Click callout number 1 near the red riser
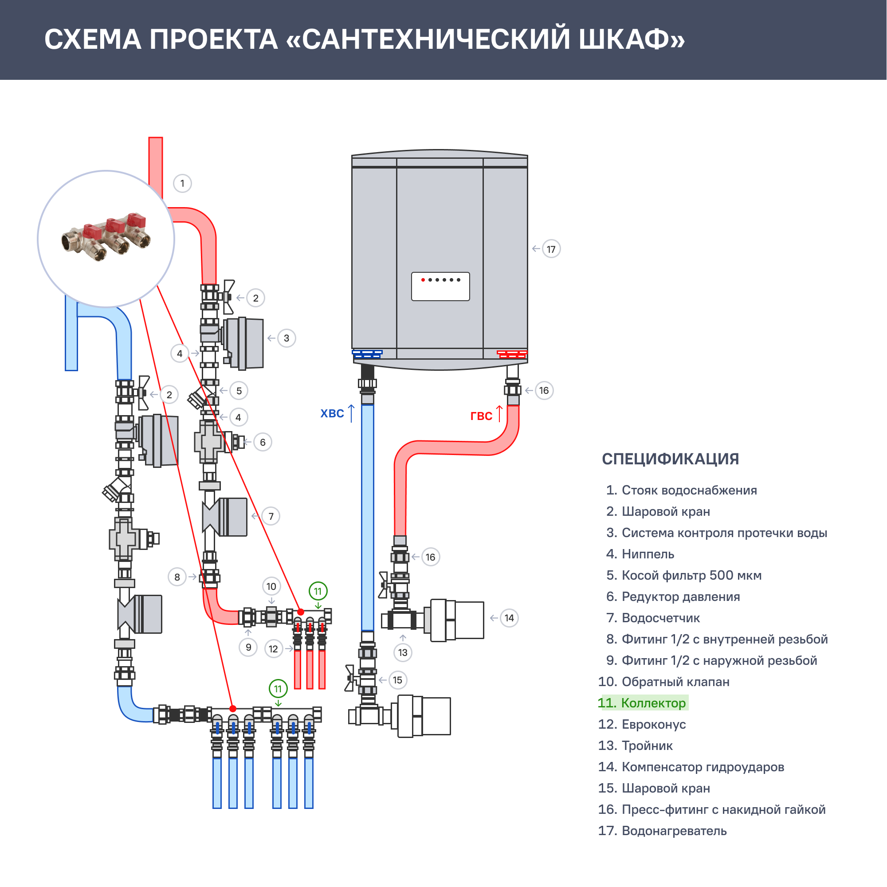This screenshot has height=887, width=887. pyautogui.click(x=182, y=184)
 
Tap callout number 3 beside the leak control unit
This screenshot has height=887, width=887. pyautogui.click(x=287, y=338)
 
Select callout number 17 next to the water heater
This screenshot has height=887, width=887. pyautogui.click(x=551, y=249)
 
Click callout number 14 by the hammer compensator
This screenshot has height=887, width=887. pyautogui.click(x=509, y=618)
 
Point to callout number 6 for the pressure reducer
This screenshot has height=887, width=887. pyautogui.click(x=263, y=443)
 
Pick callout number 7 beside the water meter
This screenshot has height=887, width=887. pyautogui.click(x=271, y=517)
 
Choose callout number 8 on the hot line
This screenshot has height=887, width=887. pyautogui.click(x=177, y=577)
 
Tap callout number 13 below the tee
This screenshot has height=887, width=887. pyautogui.click(x=403, y=652)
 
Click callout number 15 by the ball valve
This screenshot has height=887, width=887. pyautogui.click(x=397, y=680)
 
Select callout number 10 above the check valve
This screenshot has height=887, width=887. pyautogui.click(x=271, y=586)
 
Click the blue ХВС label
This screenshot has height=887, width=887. pyautogui.click(x=332, y=414)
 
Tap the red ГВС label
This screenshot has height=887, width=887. pyautogui.click(x=481, y=416)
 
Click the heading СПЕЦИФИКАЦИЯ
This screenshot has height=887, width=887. pyautogui.click(x=670, y=459)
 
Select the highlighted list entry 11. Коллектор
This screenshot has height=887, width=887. pyautogui.click(x=643, y=703)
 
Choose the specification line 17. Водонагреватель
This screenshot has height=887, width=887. pyautogui.click(x=663, y=831)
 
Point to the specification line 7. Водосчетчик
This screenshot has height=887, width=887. pyautogui.click(x=653, y=618)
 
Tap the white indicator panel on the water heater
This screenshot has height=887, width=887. pyautogui.click(x=440, y=287)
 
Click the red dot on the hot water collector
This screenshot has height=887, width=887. pyautogui.click(x=301, y=612)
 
